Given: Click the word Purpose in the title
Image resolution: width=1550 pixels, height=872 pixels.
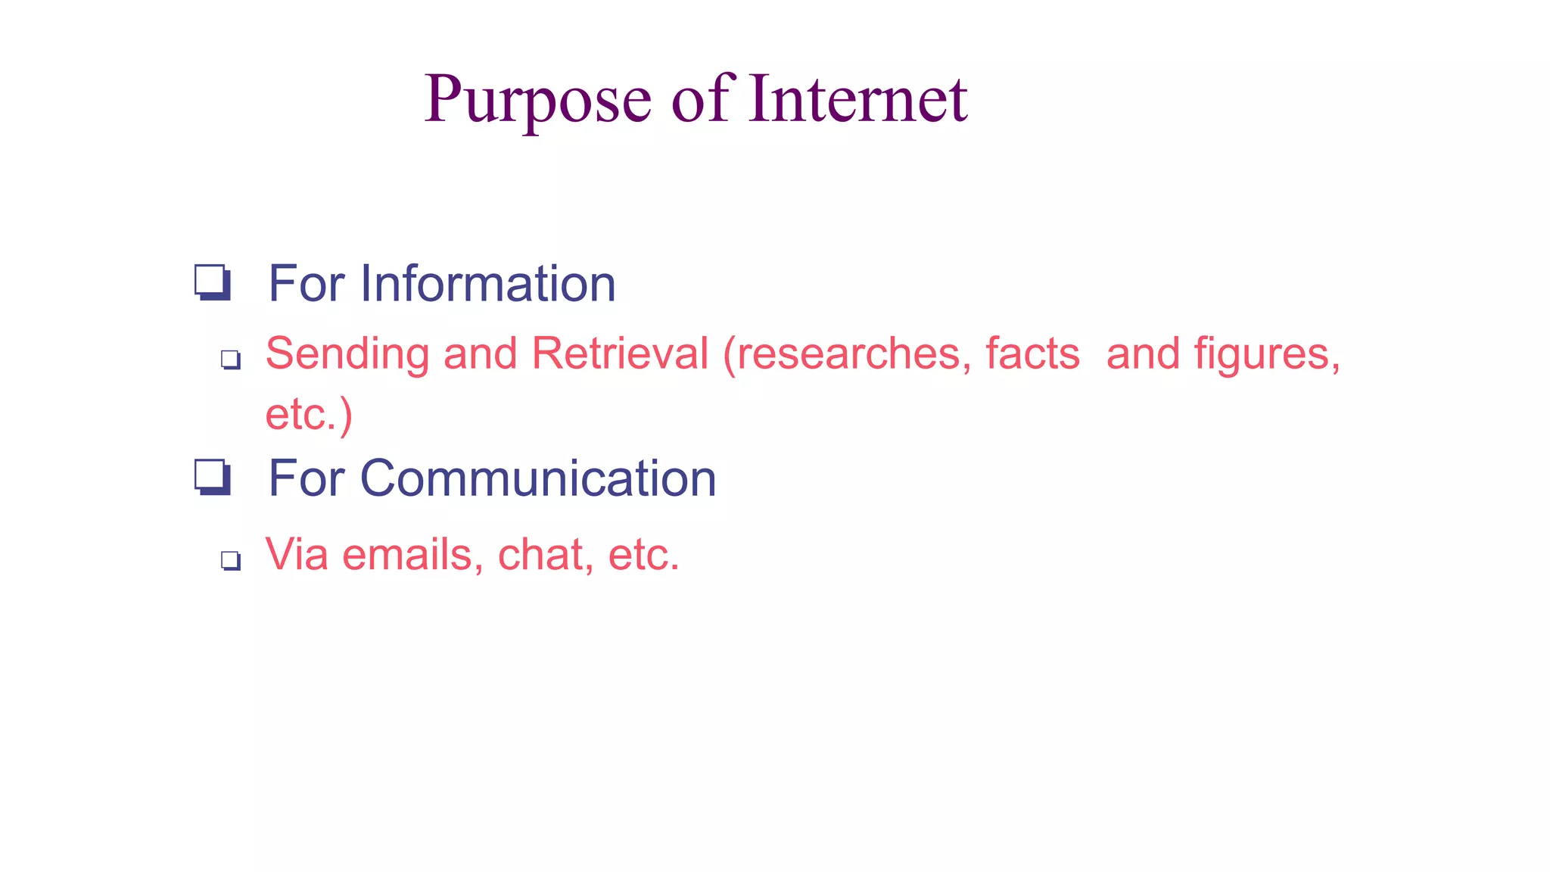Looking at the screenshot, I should point(537,100).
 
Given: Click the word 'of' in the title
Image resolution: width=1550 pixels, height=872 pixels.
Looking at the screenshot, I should point(700,98).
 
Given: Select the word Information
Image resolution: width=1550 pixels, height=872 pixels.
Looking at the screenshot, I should point(487,284).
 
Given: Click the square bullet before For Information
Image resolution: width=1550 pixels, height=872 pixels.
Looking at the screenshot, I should point(213,283).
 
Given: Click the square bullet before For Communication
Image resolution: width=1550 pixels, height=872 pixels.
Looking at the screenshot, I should point(213,478).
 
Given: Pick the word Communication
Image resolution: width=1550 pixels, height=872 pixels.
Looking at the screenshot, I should point(537,478).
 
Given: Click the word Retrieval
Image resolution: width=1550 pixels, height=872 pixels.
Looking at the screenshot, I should point(620,353).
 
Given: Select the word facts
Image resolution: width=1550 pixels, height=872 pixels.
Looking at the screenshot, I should point(1032,353).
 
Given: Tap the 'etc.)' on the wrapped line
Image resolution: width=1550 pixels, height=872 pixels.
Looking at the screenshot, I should point(309,414).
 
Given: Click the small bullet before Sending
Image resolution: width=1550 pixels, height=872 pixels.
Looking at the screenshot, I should point(231,360).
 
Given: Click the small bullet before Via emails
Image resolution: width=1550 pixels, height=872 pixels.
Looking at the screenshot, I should point(231,561).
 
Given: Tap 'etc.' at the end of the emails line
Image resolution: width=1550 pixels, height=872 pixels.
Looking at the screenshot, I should point(643,555).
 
